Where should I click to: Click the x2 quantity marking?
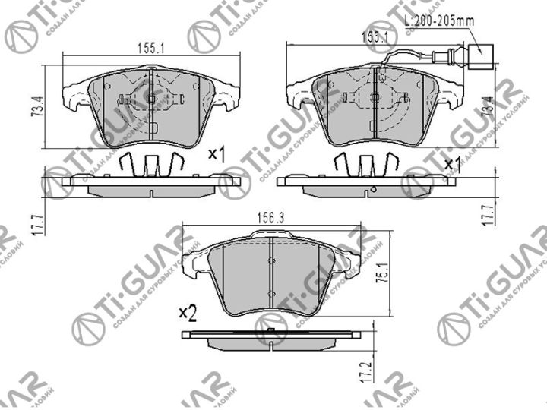coord(188,312)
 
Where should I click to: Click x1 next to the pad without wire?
coord(218,155)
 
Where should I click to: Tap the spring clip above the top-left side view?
coord(152,163)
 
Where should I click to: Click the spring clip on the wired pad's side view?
coord(368,163)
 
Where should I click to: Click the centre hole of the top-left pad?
coord(151,99)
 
